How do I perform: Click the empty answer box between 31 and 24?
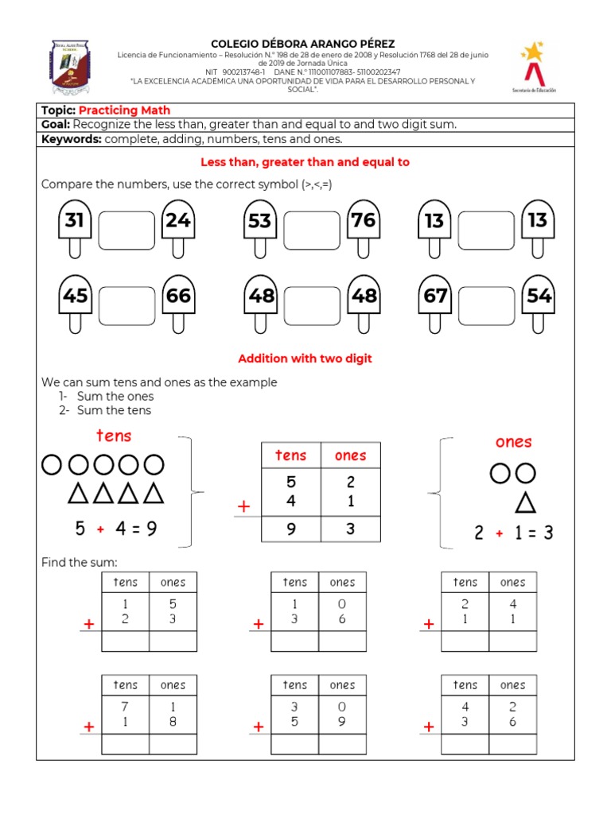coord(126,231)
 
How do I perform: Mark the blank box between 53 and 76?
coord(311,231)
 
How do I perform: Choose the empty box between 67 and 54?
coord(487,306)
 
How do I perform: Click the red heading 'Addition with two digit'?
coord(305,359)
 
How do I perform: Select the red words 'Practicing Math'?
coord(124,110)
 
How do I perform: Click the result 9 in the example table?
coord(291,529)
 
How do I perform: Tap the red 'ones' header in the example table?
coord(350,455)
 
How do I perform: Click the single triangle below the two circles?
coord(524,502)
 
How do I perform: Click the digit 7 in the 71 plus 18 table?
coord(125,706)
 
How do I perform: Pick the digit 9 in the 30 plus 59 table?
coord(342,723)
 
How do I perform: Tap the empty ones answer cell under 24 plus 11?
coord(512,641)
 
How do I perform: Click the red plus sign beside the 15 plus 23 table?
coord(88,626)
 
